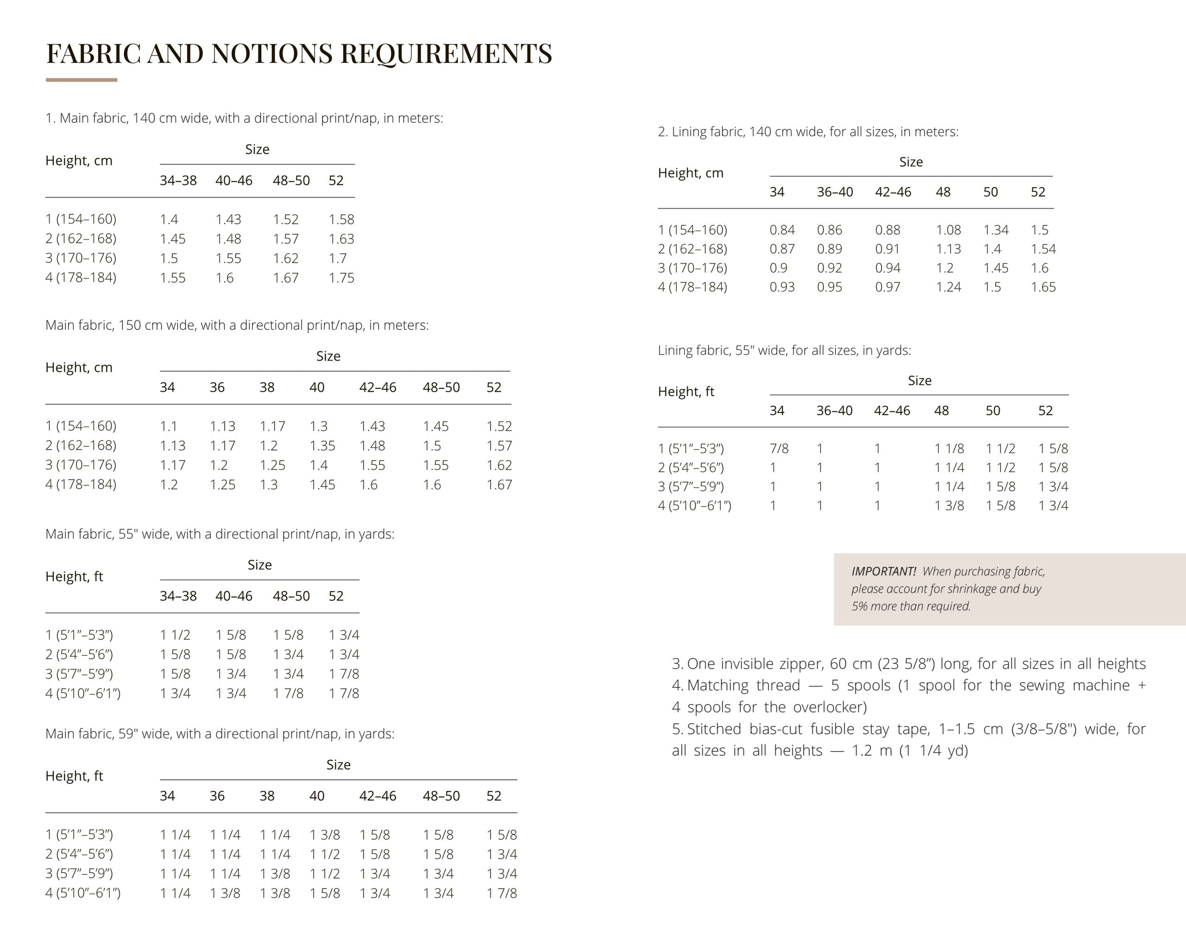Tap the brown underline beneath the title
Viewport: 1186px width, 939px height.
(x=82, y=80)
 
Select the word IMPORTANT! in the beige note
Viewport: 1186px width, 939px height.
(x=883, y=571)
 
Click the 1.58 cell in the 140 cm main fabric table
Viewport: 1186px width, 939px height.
(x=341, y=220)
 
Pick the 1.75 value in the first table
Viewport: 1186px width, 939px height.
(x=341, y=277)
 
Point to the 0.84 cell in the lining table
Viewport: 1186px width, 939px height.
(x=782, y=230)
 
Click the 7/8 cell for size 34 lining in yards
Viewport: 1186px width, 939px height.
(x=779, y=448)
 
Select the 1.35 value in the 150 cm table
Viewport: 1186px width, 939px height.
(x=322, y=446)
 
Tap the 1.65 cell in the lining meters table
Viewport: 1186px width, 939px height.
(x=1043, y=287)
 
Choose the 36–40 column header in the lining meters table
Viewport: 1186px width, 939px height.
(x=835, y=192)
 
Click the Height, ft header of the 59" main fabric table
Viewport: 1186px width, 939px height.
(x=74, y=776)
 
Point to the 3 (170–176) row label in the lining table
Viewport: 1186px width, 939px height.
(x=692, y=268)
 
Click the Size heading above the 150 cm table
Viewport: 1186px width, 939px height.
(x=328, y=356)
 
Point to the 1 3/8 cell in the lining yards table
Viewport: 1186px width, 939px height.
(x=949, y=506)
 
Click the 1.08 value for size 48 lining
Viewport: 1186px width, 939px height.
(x=948, y=230)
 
